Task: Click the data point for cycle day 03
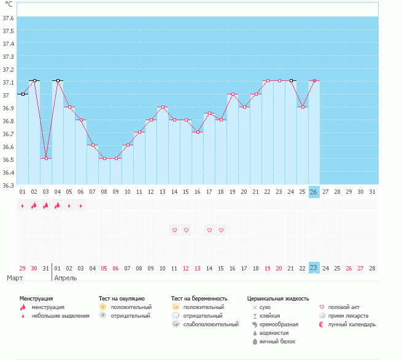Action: coord(46,159)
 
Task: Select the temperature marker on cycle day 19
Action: coord(233,94)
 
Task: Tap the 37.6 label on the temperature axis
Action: coord(8,18)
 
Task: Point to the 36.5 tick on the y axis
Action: coord(8,159)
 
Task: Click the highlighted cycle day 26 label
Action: coord(314,192)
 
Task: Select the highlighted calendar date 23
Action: coord(314,268)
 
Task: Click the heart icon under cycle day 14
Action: coord(174,230)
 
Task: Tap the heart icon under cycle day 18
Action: coord(222,230)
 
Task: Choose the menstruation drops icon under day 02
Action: coord(34,205)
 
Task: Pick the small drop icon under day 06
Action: coord(81,205)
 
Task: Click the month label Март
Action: coord(15,278)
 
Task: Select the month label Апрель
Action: coord(66,278)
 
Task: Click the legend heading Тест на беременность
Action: coord(199,299)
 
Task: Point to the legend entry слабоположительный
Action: coord(211,324)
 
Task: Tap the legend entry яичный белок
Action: coord(277,342)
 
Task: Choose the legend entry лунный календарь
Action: coord(352,324)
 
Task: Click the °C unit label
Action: coord(9,4)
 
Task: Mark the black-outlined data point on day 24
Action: coord(292,81)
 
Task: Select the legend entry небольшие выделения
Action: coord(61,316)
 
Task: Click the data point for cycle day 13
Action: coord(163,107)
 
